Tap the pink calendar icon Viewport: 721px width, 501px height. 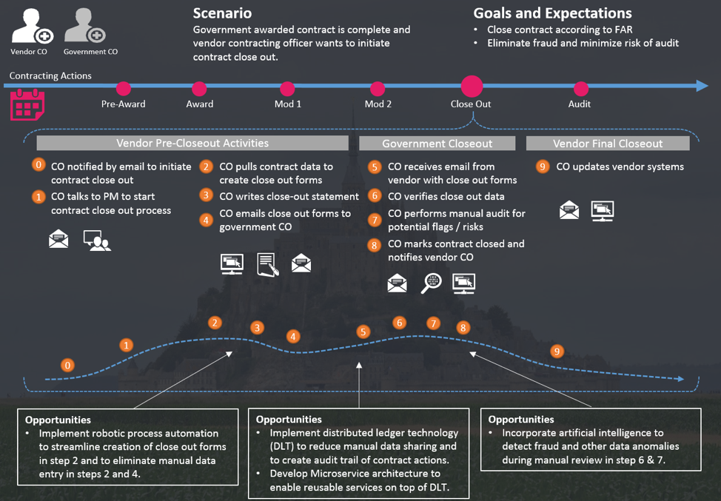click(x=27, y=105)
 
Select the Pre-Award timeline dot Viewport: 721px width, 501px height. click(x=124, y=89)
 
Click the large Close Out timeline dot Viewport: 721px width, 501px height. click(x=472, y=87)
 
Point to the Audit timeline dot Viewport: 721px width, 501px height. click(x=580, y=89)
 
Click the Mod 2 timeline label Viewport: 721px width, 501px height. click(x=378, y=104)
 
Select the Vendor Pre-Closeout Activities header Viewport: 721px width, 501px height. click(x=192, y=143)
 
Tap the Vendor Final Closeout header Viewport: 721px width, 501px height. click(x=608, y=144)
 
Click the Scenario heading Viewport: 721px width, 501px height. click(x=222, y=13)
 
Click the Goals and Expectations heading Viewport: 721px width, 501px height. click(x=552, y=13)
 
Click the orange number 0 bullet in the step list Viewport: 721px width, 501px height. click(x=39, y=165)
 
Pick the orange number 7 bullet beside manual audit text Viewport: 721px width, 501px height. click(x=375, y=220)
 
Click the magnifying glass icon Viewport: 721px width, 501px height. click(x=431, y=283)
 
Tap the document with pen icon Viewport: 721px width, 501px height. click(x=267, y=264)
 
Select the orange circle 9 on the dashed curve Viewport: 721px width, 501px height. click(x=557, y=352)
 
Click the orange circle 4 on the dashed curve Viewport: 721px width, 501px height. click(x=294, y=337)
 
